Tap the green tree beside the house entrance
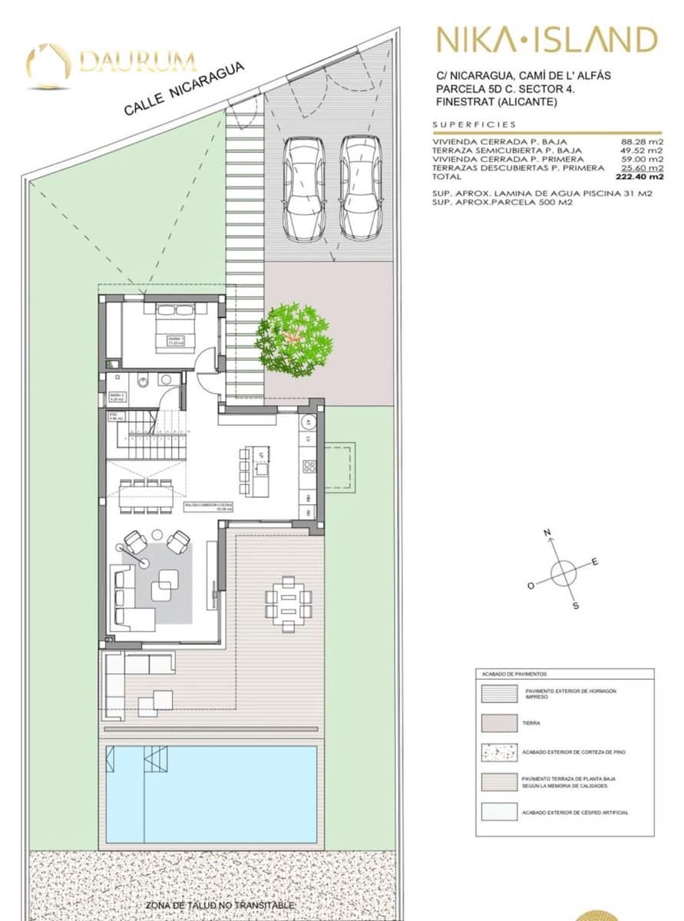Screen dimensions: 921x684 [294, 339]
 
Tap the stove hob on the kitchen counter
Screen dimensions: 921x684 [309, 467]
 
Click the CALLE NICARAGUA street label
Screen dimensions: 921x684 [184, 88]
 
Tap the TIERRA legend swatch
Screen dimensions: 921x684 [498, 723]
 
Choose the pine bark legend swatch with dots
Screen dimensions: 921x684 [498, 752]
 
